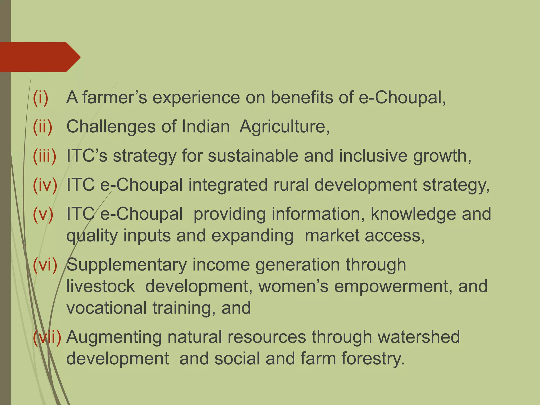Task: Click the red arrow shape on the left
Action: coord(40,57)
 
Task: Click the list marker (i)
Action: coord(41,98)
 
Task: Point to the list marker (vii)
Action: coord(47,337)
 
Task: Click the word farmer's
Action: coord(115,98)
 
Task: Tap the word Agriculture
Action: coord(284,127)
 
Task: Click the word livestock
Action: coord(100,286)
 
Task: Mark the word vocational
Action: coord(107,308)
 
